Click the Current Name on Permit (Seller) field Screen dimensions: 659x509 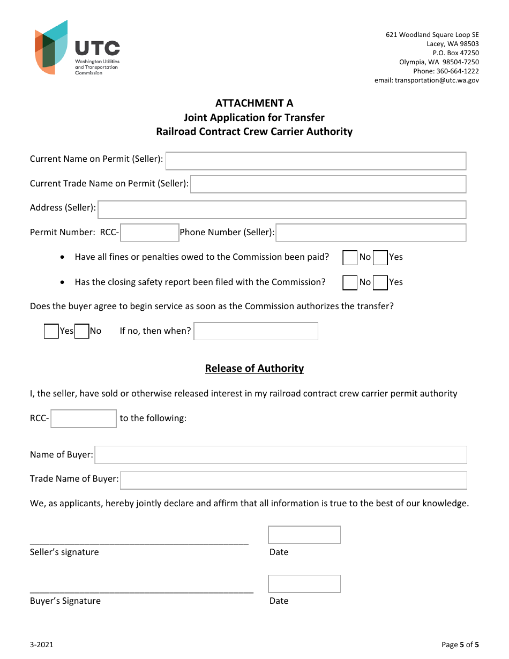pyautogui.click(x=316, y=161)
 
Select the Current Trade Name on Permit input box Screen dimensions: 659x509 pyautogui.click(x=328, y=184)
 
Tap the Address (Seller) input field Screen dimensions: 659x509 pyautogui.click(x=282, y=209)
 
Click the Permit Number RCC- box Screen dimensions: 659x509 pyautogui.click(x=149, y=233)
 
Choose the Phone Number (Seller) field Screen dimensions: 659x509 pyautogui.click(x=371, y=233)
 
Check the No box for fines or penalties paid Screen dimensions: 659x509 pyautogui.click(x=350, y=258)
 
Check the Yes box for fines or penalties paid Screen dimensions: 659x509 pyautogui.click(x=380, y=258)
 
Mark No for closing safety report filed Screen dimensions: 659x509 pyautogui.click(x=350, y=282)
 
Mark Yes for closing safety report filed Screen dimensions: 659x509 pyautogui.click(x=380, y=282)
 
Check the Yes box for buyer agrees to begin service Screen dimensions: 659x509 pyautogui.click(x=51, y=331)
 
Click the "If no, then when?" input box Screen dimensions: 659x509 pyautogui.click(x=256, y=331)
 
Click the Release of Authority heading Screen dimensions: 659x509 pyautogui.click(x=254, y=368)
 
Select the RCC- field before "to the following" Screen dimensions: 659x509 pyautogui.click(x=84, y=418)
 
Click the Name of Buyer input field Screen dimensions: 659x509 pyautogui.click(x=281, y=455)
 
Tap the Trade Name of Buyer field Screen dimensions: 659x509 pyautogui.click(x=293, y=480)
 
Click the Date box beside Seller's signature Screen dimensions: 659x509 pyautogui.click(x=304, y=535)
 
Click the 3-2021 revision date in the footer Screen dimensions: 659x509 pyautogui.click(x=42, y=645)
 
